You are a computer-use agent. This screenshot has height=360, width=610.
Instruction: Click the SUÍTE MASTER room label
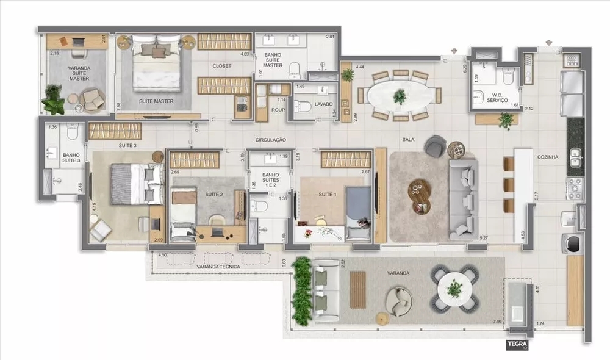[156, 101]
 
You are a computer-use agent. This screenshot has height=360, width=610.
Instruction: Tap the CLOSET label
[221, 66]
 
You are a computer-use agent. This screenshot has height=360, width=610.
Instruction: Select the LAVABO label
[324, 104]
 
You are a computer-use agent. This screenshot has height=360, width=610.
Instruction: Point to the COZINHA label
[548, 157]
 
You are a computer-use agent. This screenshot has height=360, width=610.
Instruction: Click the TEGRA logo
[516, 344]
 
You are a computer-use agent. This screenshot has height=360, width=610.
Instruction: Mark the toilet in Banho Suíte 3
[71, 131]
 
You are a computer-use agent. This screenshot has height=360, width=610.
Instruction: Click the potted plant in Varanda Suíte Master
[53, 99]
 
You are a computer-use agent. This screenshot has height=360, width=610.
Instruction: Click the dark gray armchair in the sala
[435, 146]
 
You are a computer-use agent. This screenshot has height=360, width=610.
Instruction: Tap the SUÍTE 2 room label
[213, 194]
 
